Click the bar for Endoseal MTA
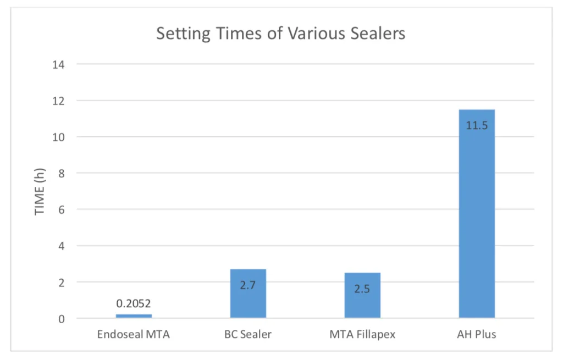[x=134, y=316]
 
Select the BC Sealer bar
[x=248, y=293]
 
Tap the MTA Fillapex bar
[x=362, y=295]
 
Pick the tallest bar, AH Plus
[x=477, y=214]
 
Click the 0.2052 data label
[x=134, y=303]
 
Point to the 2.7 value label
[x=248, y=285]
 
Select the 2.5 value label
[x=362, y=289]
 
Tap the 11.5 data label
[x=477, y=125]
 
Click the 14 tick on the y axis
[x=58, y=65]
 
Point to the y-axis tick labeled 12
[x=58, y=101]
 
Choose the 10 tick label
[x=58, y=137]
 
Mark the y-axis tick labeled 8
[x=62, y=173]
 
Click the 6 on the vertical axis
[x=62, y=209]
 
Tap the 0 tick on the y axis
[x=62, y=319]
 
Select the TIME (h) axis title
[x=40, y=192]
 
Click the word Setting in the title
[x=184, y=34]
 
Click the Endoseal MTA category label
[x=134, y=335]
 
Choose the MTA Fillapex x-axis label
[x=362, y=335]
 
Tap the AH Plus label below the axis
[x=477, y=335]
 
